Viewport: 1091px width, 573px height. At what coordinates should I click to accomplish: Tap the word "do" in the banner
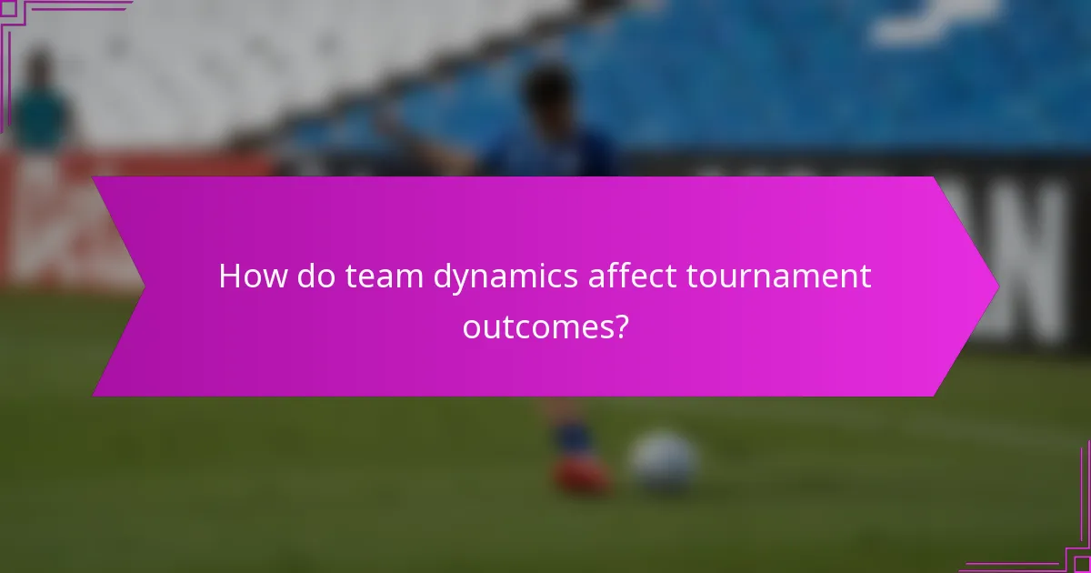(317, 276)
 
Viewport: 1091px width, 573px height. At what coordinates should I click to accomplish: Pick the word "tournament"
(779, 276)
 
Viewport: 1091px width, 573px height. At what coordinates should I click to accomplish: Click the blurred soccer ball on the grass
(665, 461)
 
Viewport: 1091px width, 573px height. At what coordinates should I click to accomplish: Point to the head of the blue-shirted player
(548, 91)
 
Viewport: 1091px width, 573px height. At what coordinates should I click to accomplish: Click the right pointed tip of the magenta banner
(996, 286)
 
